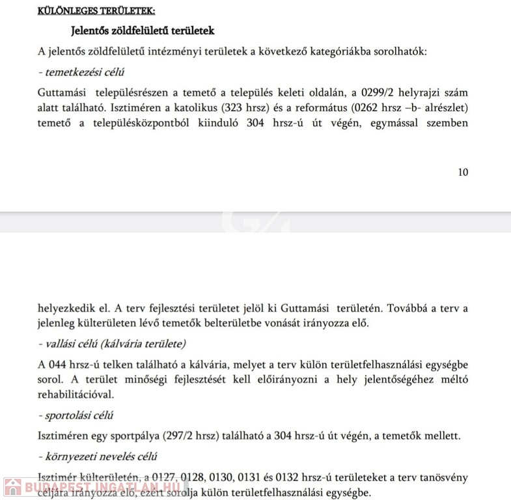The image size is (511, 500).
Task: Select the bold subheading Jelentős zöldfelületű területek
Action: pyautogui.click(x=142, y=31)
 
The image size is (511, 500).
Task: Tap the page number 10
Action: pyautogui.click(x=463, y=172)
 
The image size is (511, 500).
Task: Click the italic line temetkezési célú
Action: pyautogui.click(x=82, y=72)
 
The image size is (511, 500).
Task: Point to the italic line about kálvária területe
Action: pyautogui.click(x=112, y=343)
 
